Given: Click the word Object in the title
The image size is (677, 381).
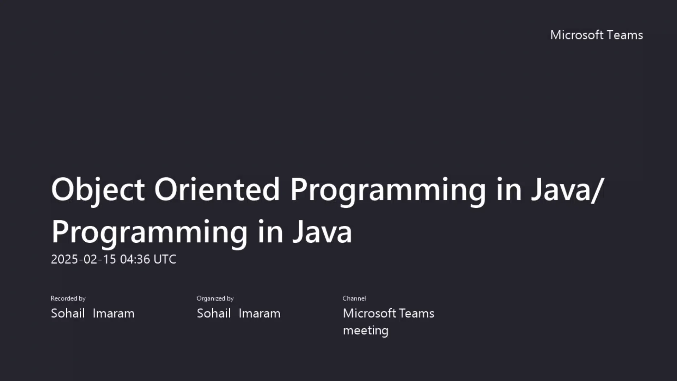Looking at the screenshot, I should (x=98, y=190).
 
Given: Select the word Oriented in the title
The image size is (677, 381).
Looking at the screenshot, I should (x=217, y=190).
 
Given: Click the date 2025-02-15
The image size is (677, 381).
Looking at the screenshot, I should (x=83, y=259).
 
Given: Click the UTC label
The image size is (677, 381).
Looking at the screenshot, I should (x=165, y=259).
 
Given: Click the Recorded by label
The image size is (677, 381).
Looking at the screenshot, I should (x=68, y=298).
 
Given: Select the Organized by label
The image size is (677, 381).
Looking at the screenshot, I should (x=215, y=298).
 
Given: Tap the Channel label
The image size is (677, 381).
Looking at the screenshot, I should (x=354, y=298).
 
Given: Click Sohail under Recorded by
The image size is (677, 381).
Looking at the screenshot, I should (x=68, y=313).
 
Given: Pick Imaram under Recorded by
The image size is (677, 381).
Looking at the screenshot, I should (x=114, y=313).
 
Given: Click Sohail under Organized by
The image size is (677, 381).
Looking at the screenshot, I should (x=214, y=313).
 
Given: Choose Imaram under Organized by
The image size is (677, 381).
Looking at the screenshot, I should (x=260, y=313).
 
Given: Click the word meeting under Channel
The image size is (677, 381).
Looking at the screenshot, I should (x=366, y=331).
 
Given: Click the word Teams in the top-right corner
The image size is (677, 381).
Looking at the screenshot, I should (x=625, y=35).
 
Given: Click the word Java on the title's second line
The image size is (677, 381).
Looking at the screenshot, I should (x=322, y=232).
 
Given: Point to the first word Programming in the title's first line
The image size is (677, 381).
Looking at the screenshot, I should (x=388, y=190).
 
